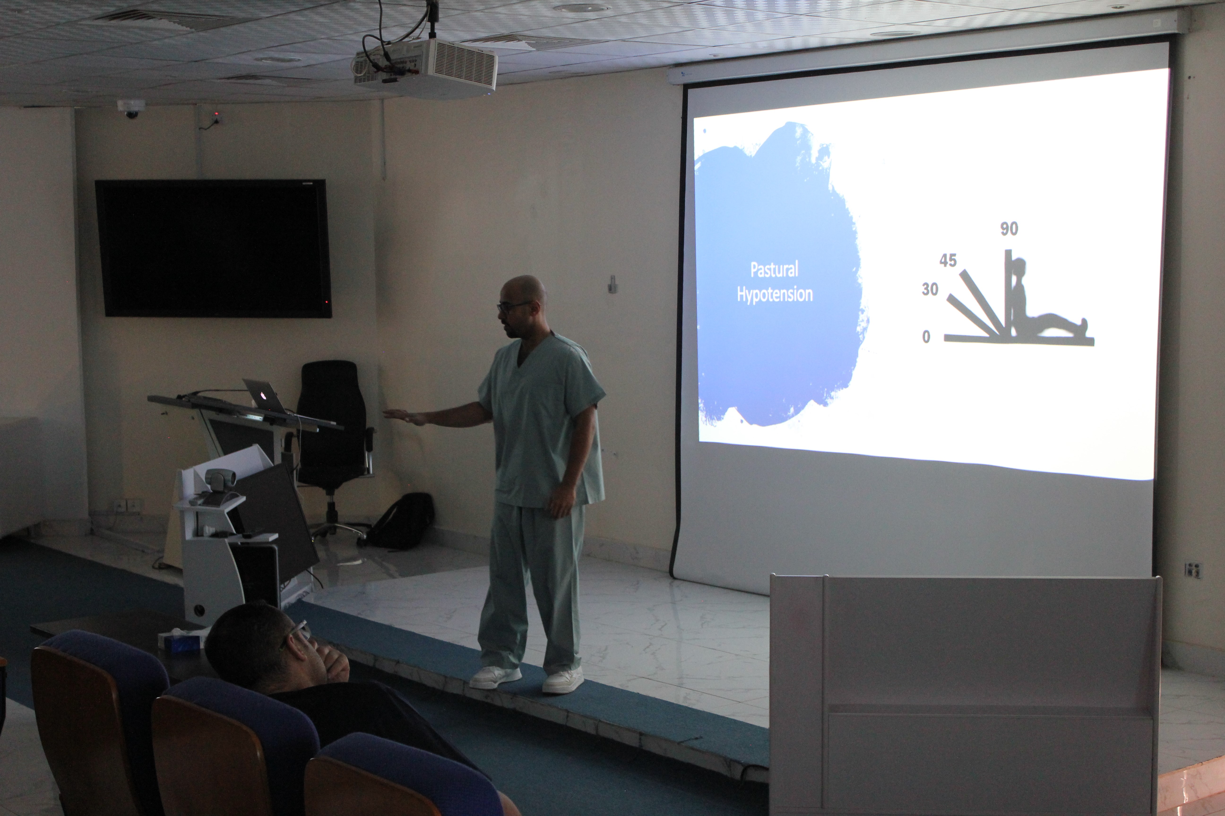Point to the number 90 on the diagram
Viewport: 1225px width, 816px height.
coord(1009,229)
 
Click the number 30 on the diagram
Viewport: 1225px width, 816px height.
coord(930,289)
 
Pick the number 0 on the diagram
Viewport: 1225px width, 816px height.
coord(926,337)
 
